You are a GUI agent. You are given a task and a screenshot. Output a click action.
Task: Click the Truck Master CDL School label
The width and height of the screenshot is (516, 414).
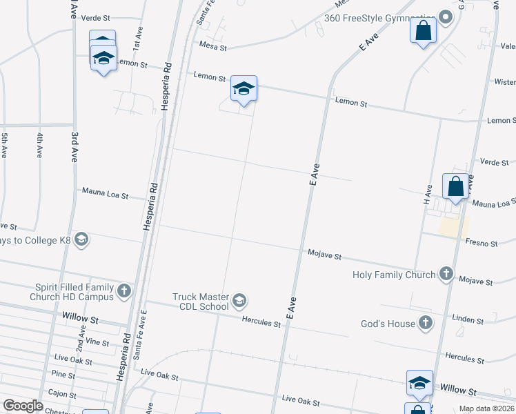click(200, 302)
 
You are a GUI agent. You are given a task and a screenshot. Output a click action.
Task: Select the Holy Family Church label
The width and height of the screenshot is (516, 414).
click(394, 275)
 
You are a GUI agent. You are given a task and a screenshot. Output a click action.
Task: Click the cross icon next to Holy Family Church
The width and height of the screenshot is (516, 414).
click(446, 275)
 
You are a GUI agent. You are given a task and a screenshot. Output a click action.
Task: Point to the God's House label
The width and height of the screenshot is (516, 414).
click(388, 324)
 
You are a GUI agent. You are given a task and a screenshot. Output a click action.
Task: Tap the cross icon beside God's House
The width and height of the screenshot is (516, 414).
click(426, 323)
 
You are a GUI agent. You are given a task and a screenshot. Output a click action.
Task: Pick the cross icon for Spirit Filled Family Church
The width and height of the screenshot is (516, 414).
click(124, 290)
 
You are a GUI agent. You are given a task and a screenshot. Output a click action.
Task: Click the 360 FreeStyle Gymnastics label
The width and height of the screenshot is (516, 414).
click(380, 17)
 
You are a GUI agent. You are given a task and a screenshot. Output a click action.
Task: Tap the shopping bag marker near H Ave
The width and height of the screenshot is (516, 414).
click(455, 186)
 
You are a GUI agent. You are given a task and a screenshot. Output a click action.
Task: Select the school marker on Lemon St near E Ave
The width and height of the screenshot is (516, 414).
click(244, 89)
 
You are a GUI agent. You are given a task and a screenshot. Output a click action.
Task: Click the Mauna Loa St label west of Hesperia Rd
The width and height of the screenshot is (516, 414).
click(105, 194)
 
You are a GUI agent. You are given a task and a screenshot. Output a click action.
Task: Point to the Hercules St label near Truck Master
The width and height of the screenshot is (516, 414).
click(261, 322)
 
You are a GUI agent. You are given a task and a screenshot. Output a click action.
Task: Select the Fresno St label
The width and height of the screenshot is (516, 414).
click(482, 244)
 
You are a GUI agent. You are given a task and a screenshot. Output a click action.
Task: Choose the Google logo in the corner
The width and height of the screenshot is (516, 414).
click(23, 406)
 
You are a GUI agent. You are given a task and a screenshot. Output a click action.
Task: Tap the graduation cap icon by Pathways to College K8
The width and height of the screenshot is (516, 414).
click(81, 239)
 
